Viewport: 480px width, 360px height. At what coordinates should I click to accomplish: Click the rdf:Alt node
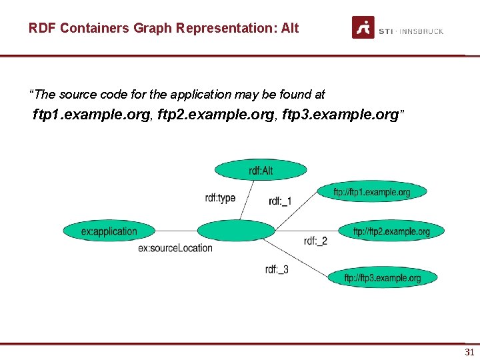261,171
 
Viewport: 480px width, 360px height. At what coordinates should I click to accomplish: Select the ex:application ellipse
109,231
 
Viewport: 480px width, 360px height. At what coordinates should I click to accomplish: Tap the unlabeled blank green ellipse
236,231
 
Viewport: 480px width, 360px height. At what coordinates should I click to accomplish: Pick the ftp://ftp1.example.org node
371,192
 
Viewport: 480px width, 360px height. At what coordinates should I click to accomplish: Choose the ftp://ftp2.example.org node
391,231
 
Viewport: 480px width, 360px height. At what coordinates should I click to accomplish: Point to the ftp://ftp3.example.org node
382,277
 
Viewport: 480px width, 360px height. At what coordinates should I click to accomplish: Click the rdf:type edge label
220,198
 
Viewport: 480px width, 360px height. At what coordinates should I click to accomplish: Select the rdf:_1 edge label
280,201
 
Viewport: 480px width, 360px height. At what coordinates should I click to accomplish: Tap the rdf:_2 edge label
315,241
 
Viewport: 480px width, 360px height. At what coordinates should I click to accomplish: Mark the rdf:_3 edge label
277,269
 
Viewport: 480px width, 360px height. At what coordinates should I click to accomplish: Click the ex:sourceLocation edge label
175,248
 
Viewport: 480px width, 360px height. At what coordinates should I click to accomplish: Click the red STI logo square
363,27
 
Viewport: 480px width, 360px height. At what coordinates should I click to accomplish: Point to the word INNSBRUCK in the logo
421,31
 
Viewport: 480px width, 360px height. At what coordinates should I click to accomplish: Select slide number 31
469,352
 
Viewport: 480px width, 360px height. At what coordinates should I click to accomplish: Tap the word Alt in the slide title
290,28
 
